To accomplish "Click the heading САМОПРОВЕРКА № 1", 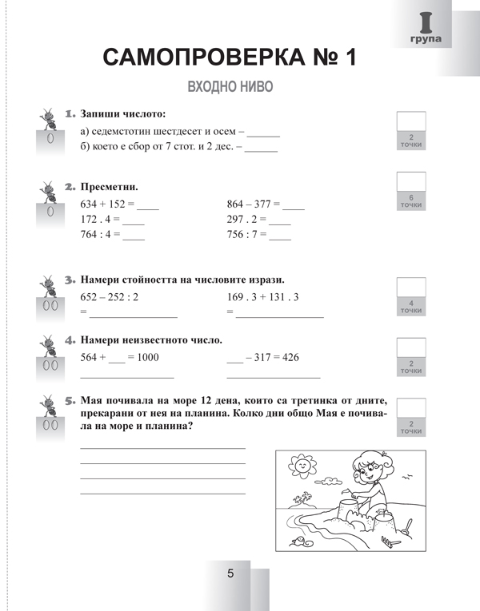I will (229, 58).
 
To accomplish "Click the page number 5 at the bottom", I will (230, 573).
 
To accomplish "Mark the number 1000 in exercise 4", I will (148, 358).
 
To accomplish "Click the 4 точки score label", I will (411, 307).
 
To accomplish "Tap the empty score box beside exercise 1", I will (411, 121).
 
